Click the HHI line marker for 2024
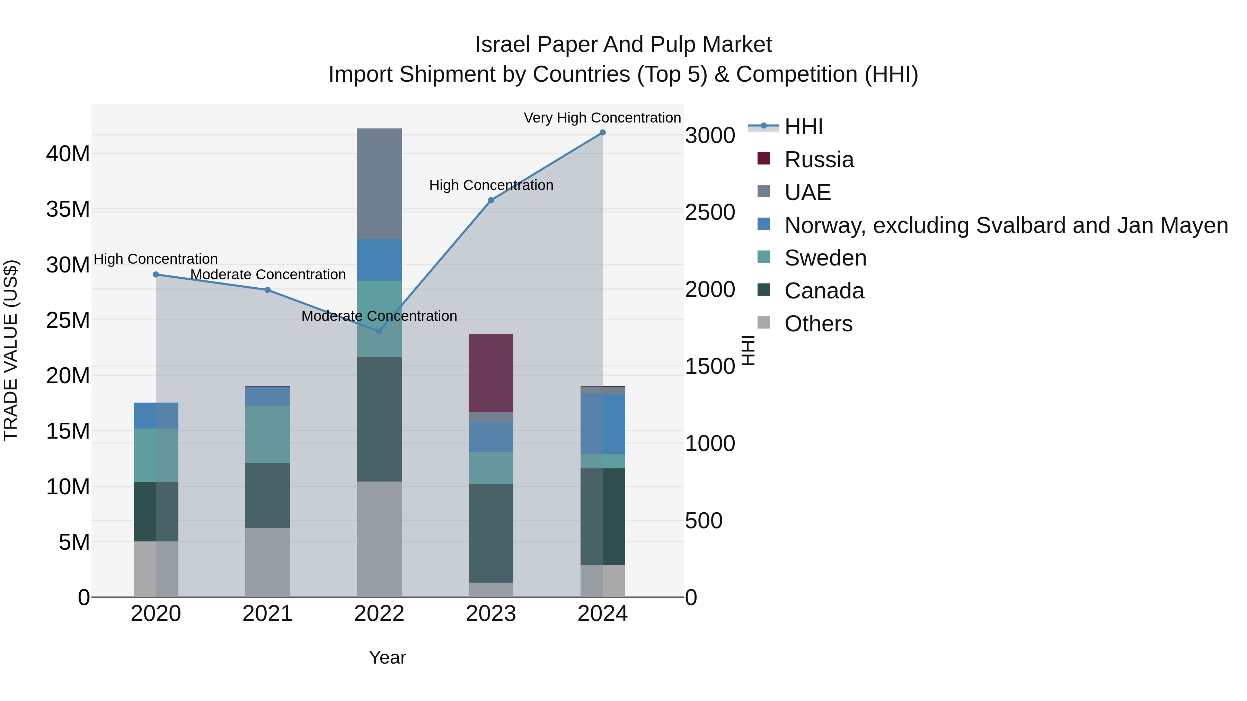(602, 133)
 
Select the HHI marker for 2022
(379, 331)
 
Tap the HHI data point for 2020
(156, 274)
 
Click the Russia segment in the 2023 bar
(491, 373)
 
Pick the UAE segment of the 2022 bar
(379, 184)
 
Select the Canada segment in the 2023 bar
(491, 533)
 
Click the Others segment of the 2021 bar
(267, 562)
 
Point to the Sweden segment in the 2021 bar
(267, 434)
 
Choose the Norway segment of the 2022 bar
(379, 260)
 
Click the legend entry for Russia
(819, 160)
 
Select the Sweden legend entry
(825, 258)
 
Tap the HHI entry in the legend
(804, 127)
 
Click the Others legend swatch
(763, 323)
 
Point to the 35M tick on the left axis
(68, 209)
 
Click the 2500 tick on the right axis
(710, 213)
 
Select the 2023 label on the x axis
(491, 614)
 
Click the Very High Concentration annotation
(602, 118)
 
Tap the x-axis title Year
(387, 657)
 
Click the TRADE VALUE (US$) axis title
(11, 350)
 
